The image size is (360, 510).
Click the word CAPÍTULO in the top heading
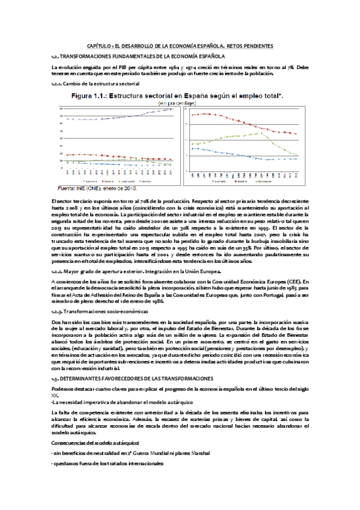100,46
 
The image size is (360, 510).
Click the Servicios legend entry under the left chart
145,180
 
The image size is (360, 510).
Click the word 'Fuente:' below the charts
65,188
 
